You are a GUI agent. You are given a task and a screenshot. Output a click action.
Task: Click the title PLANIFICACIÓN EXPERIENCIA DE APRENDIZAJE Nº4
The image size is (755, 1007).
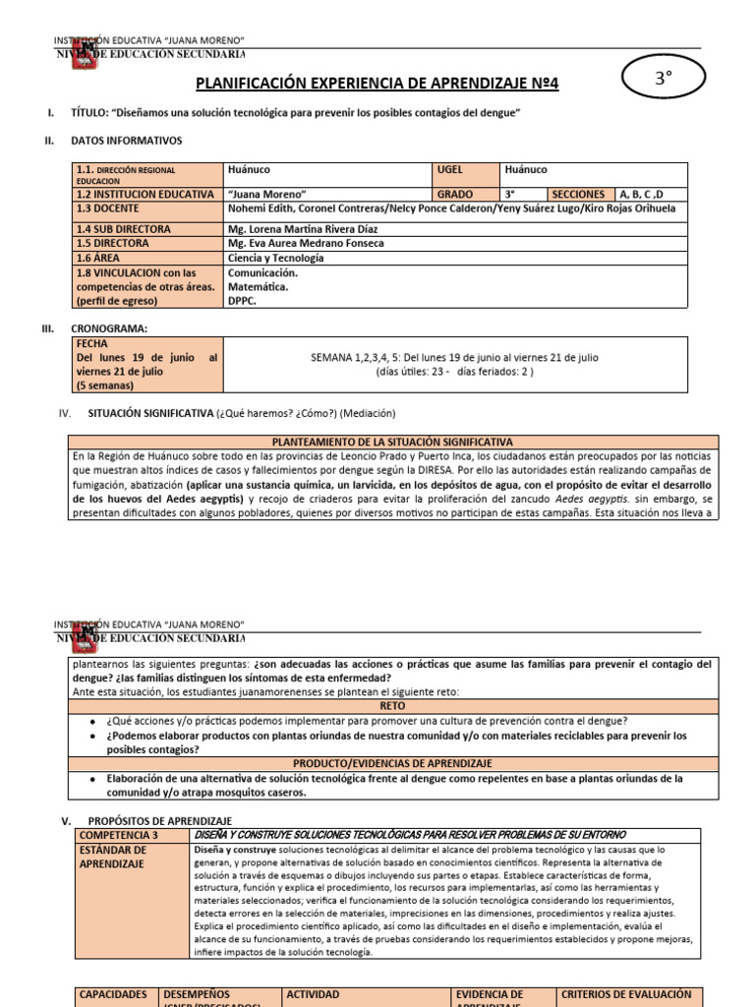click(x=377, y=85)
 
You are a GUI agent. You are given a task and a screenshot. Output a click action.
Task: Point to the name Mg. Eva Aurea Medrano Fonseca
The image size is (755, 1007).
click(x=305, y=243)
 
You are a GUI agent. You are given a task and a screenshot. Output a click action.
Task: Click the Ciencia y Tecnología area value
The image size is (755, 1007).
click(x=275, y=258)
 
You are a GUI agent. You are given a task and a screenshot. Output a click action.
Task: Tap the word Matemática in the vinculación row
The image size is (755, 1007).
click(x=258, y=287)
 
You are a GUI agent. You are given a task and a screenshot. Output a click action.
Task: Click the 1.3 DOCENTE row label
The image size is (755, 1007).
click(x=107, y=208)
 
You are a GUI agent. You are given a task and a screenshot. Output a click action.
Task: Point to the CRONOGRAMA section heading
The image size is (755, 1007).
click(x=110, y=328)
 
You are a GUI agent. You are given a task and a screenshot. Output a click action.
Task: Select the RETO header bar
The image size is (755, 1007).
click(x=391, y=705)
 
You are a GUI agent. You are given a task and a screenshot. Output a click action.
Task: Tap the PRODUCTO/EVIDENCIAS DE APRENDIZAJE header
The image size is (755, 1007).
click(x=391, y=763)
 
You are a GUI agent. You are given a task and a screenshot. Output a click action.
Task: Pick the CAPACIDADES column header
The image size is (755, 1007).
click(x=114, y=994)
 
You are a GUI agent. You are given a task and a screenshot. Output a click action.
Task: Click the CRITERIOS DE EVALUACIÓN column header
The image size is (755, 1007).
click(x=626, y=994)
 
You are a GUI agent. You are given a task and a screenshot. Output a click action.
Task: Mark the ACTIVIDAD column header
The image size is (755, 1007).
click(x=313, y=994)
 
